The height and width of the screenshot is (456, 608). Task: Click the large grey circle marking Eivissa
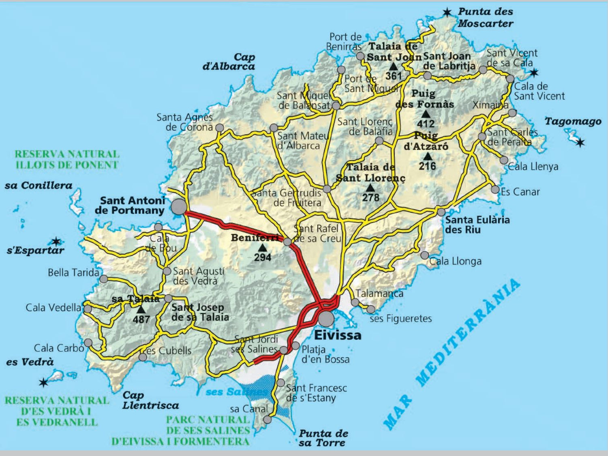(x=326, y=319)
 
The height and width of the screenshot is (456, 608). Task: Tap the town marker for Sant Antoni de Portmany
(x=179, y=207)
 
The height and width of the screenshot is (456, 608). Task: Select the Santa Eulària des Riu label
(x=477, y=225)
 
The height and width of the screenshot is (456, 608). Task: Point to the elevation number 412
(x=425, y=124)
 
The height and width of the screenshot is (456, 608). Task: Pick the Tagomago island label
(x=573, y=121)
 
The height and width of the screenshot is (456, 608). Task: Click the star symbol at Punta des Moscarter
(x=447, y=13)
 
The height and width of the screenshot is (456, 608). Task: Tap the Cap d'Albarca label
(x=229, y=62)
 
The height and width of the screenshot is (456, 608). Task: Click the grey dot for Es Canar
(x=495, y=189)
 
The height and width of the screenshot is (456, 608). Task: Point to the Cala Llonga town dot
(x=424, y=255)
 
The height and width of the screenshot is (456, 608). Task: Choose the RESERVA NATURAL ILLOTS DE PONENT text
(x=67, y=160)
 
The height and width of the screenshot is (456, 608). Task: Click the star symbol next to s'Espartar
(x=56, y=242)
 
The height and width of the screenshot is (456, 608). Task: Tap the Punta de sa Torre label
(x=323, y=438)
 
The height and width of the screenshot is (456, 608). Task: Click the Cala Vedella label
(x=53, y=308)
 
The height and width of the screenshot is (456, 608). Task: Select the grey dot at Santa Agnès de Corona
(x=219, y=128)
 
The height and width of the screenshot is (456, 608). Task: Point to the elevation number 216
(x=427, y=166)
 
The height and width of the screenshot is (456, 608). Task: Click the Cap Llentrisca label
(x=150, y=400)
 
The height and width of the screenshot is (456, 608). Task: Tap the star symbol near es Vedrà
(x=43, y=382)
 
